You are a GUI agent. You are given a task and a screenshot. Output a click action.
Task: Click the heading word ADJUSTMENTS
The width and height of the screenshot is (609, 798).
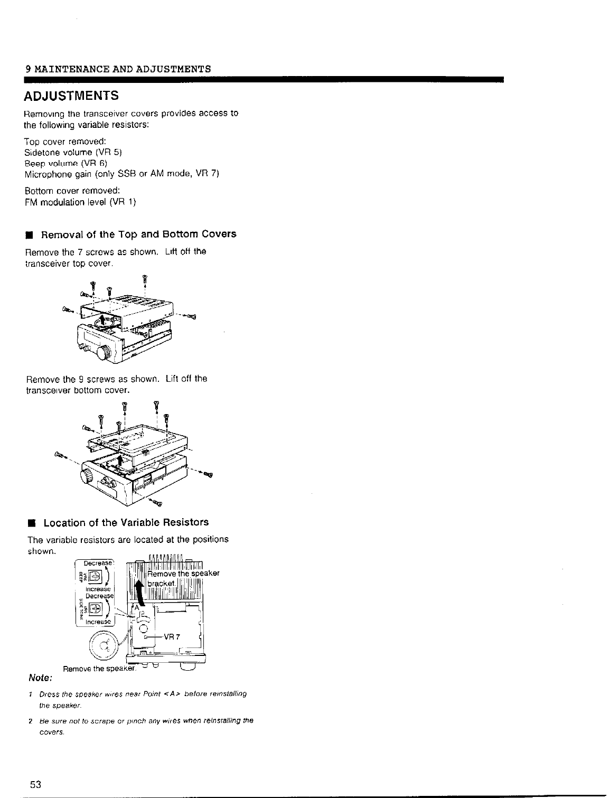coord(71,96)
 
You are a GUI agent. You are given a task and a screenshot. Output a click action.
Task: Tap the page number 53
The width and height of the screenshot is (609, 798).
coord(35,783)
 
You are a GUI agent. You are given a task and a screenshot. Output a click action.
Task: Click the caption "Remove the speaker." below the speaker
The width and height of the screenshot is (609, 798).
coord(100,669)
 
